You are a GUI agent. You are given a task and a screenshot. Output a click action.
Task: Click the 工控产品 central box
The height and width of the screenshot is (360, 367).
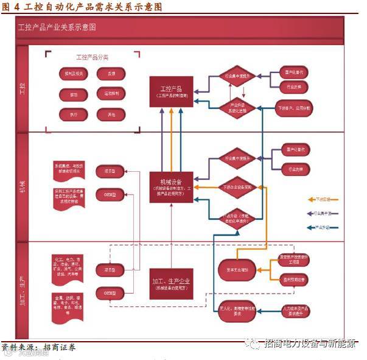coord(170,91)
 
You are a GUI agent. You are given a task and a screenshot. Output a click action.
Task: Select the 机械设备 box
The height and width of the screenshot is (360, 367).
coord(170,186)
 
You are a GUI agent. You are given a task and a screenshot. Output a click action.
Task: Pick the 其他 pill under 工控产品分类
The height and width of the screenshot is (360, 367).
coord(111,114)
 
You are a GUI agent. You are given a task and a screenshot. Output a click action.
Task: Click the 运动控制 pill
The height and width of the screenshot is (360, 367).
coord(111,94)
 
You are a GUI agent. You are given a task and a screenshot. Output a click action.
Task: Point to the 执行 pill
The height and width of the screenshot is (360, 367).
coord(74,114)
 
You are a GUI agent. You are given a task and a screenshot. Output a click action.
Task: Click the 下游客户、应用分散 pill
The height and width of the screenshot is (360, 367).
coord(293,108)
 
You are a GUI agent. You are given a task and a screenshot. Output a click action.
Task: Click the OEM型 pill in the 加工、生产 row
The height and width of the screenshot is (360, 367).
coord(110,294)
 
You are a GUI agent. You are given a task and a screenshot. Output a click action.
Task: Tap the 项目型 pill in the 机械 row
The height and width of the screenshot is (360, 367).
coord(110,172)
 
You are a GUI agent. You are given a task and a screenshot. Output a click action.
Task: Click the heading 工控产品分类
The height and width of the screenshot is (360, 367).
coord(92,58)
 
